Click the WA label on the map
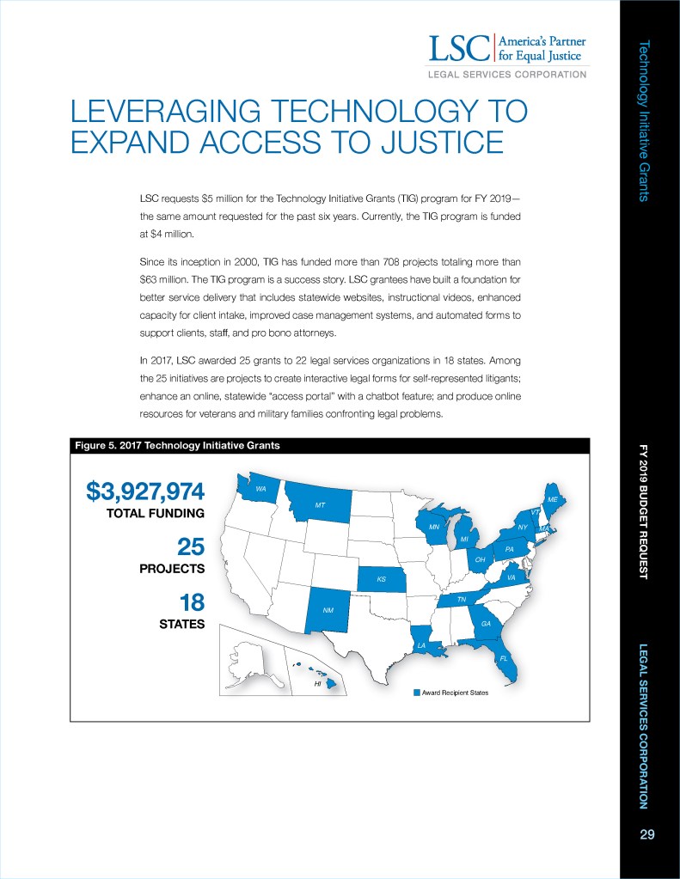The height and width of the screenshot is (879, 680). pos(260,488)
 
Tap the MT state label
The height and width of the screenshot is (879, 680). pos(320,504)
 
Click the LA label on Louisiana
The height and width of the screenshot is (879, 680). pos(421,644)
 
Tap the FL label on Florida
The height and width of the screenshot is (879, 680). pos(505,659)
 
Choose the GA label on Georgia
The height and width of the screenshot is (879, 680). pos(486,623)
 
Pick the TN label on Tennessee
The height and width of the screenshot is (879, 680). pos(461,599)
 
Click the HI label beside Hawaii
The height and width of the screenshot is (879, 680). pos(317,686)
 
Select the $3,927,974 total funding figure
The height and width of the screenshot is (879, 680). pos(145,491)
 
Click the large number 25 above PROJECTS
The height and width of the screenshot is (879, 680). pos(190,547)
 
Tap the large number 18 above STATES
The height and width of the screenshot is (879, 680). pos(190,602)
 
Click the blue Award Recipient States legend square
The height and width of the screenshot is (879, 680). pos(416,693)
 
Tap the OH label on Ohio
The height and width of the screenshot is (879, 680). pos(481,559)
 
